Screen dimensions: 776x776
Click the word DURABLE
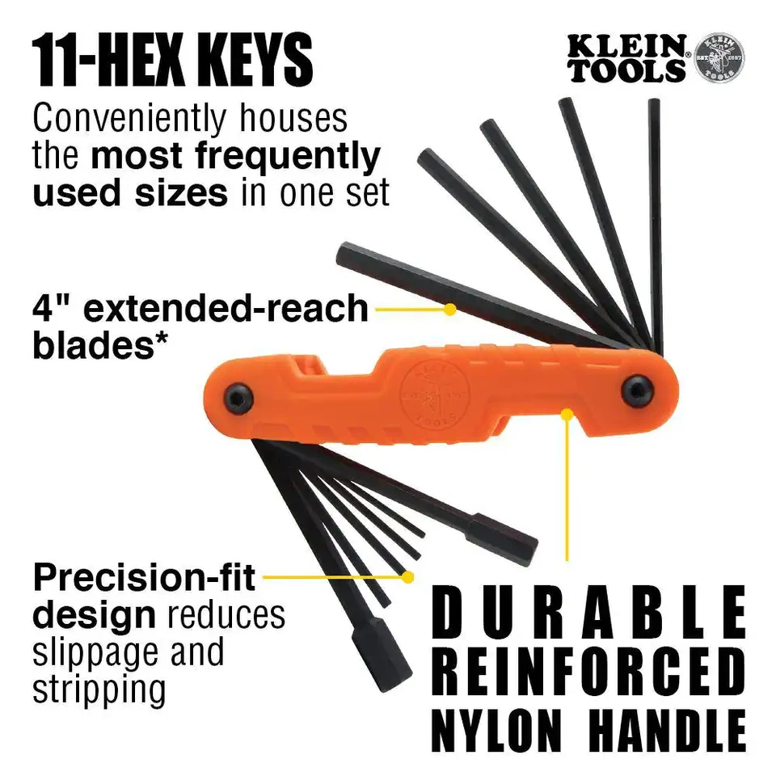click(588, 614)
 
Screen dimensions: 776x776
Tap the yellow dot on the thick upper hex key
click(450, 309)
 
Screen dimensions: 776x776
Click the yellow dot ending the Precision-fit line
click(409, 577)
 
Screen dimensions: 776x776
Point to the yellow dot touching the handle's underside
click(568, 415)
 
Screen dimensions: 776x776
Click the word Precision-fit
click(144, 579)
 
